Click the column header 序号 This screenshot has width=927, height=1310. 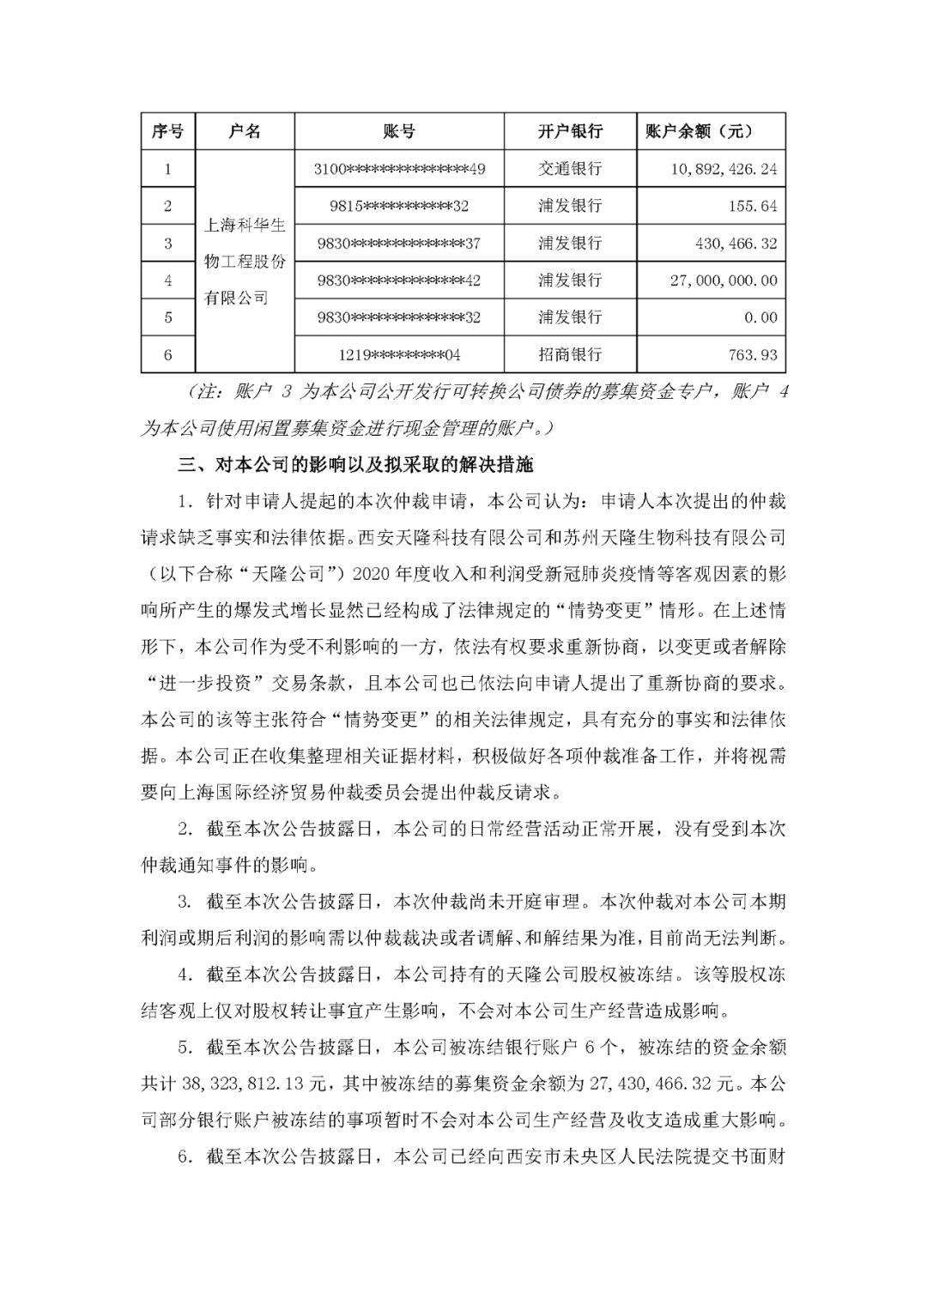(x=167, y=131)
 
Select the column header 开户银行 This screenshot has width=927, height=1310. (x=570, y=131)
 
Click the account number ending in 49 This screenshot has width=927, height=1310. (x=399, y=169)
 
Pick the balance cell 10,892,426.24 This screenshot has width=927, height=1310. (x=724, y=169)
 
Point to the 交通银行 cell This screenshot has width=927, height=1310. (x=570, y=169)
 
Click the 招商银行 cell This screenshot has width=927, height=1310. (x=570, y=354)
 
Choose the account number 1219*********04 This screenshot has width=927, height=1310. (x=399, y=354)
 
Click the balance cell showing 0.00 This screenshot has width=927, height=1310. (x=760, y=317)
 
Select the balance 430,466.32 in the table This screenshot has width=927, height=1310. (x=736, y=244)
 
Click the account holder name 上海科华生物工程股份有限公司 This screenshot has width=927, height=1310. (x=245, y=262)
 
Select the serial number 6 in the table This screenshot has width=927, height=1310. (x=167, y=354)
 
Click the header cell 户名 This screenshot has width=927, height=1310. (x=245, y=131)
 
